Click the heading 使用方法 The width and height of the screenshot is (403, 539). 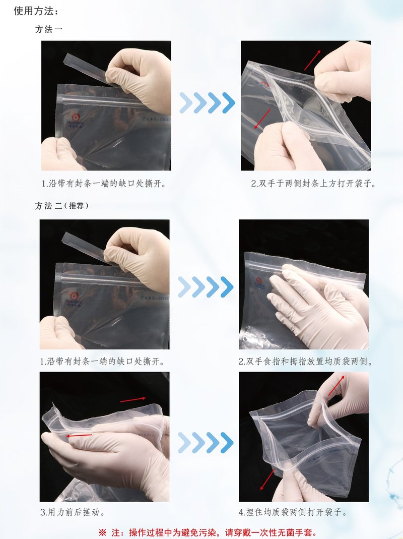point(33,11)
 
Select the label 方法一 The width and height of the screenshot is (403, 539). point(49,30)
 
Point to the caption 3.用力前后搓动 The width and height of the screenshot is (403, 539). point(72,512)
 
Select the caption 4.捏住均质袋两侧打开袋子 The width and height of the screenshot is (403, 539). point(293,512)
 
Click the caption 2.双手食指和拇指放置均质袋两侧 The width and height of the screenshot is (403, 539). point(306,362)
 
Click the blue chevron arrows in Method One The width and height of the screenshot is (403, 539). point(207,103)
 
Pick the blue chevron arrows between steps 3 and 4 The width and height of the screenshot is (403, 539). point(206,442)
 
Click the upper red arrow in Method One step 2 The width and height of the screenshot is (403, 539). point(312,60)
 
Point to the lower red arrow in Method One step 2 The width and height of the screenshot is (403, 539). point(262,119)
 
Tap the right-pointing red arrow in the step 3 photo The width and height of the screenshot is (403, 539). point(133,399)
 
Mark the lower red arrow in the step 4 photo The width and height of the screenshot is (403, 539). point(267,480)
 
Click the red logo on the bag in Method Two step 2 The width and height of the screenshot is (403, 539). point(259,281)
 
